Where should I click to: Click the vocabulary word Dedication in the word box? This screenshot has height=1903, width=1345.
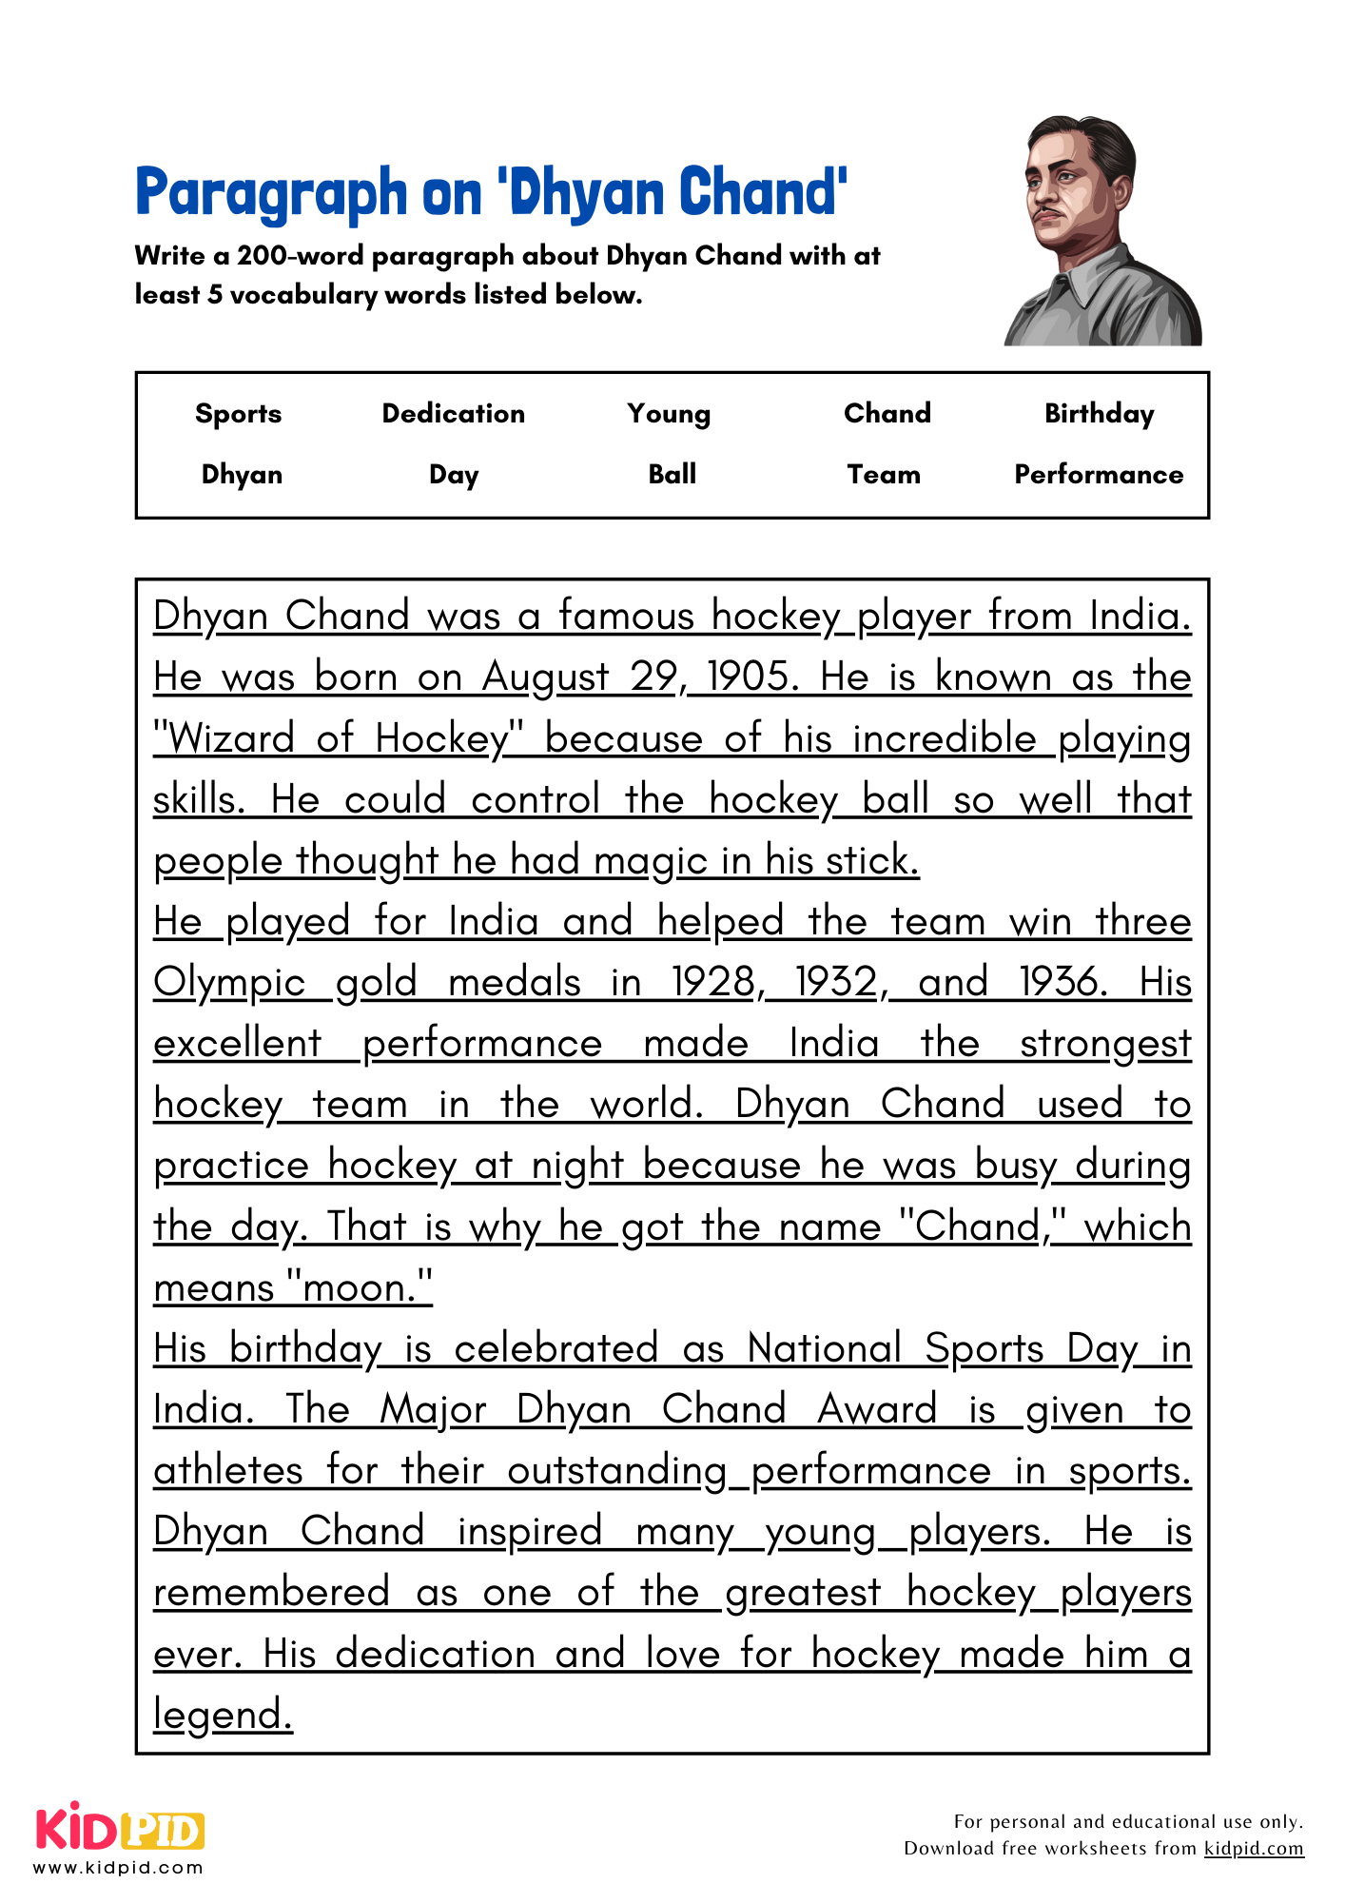click(453, 413)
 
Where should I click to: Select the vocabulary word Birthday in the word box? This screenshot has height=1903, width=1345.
click(1099, 413)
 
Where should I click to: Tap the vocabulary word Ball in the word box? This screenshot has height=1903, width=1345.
click(672, 474)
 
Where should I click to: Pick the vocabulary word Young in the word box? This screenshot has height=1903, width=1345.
click(669, 413)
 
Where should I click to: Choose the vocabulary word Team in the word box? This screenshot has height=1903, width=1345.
click(884, 474)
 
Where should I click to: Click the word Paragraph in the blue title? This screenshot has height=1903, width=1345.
click(271, 193)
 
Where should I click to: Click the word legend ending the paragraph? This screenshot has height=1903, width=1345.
click(222, 1715)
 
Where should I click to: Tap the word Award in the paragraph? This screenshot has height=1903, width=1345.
click(877, 1409)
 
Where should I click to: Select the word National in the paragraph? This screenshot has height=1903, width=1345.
click(824, 1348)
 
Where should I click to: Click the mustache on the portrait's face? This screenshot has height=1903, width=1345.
click(1048, 210)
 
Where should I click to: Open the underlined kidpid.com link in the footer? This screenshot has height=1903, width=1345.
click(1253, 1848)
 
